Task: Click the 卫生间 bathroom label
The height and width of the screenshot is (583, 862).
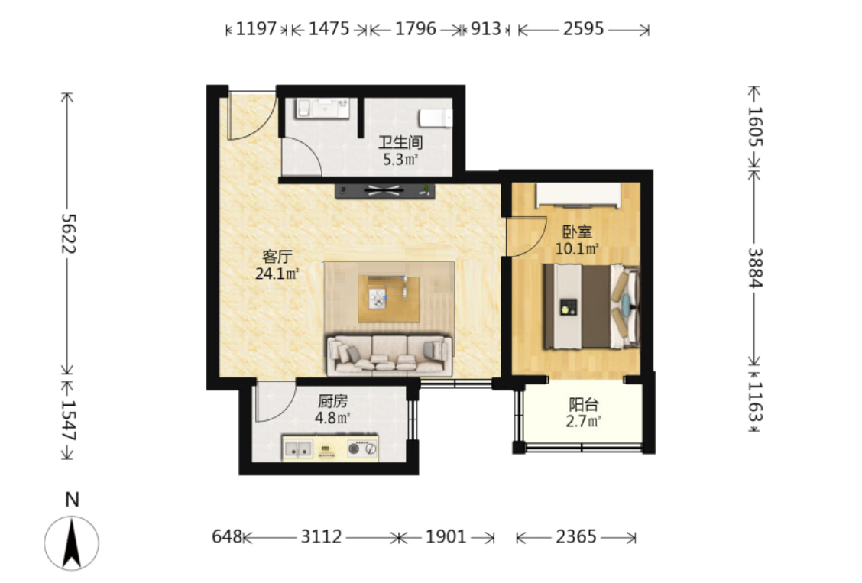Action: pyautogui.click(x=400, y=142)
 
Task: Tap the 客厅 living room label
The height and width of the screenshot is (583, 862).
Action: pyautogui.click(x=277, y=257)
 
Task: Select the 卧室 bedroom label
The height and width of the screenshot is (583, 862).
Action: pyautogui.click(x=577, y=232)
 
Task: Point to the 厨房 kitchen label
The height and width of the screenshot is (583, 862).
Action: pyautogui.click(x=332, y=400)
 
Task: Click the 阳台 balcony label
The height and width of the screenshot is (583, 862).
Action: pyautogui.click(x=583, y=405)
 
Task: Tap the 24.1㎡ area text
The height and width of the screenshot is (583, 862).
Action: pyautogui.click(x=277, y=273)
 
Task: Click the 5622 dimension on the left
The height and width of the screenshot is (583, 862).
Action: pyautogui.click(x=68, y=234)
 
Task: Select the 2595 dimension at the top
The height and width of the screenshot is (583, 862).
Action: pyautogui.click(x=583, y=28)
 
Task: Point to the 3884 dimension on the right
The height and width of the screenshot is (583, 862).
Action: pyautogui.click(x=755, y=267)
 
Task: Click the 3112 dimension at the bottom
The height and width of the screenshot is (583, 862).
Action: pyautogui.click(x=321, y=536)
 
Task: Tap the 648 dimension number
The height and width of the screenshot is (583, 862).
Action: pyautogui.click(x=227, y=536)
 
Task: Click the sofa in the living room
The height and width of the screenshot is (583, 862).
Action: pyautogui.click(x=390, y=355)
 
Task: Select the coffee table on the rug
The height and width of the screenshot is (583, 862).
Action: pyautogui.click(x=389, y=299)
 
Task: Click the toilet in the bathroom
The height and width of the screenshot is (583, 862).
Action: pyautogui.click(x=436, y=118)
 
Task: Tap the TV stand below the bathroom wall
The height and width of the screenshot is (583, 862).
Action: pyautogui.click(x=385, y=191)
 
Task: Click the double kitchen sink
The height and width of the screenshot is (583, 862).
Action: pyautogui.click(x=297, y=449)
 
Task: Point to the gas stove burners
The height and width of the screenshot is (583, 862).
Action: pyautogui.click(x=363, y=449)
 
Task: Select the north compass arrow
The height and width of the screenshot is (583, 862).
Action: pyautogui.click(x=72, y=543)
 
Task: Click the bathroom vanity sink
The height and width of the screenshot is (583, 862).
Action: pyautogui.click(x=322, y=109)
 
